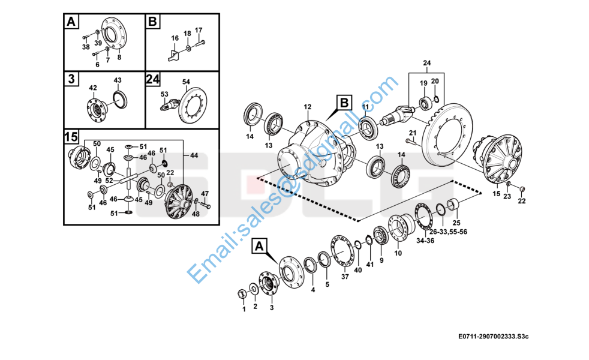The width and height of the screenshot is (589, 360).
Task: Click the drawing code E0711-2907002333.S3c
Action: point(493,337)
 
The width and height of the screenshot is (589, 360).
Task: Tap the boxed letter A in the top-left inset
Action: point(71,22)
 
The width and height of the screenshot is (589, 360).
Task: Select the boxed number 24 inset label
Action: point(153,79)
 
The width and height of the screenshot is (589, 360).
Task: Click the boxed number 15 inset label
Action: point(71,137)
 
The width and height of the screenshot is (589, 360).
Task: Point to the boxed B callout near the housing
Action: point(344,103)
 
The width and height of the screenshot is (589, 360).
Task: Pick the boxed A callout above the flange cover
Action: point(259,246)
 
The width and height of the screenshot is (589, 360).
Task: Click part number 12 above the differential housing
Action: point(308,107)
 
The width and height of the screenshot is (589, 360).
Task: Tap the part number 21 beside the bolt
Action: point(413,133)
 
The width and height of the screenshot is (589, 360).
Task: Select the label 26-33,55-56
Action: point(448,232)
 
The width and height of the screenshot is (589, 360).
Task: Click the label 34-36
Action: point(425,241)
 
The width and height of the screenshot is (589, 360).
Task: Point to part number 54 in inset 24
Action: point(186,82)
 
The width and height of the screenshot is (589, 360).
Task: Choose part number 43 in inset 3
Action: point(118,80)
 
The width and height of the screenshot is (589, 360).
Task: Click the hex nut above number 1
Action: point(243,293)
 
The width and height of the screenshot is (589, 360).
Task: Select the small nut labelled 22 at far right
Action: point(522,189)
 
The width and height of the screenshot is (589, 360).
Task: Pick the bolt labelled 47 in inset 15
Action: point(205,205)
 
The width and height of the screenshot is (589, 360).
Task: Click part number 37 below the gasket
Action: point(345,277)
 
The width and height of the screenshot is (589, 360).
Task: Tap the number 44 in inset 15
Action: point(194,155)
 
